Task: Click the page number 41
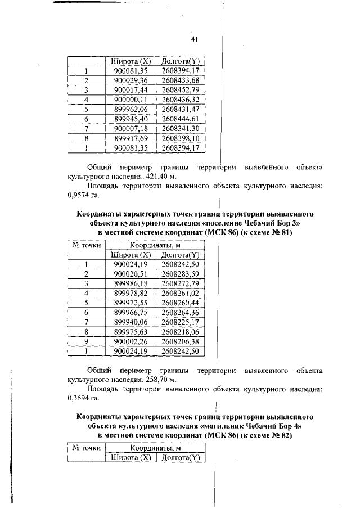[195, 39]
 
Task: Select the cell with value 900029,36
[130, 80]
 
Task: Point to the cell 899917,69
[130, 138]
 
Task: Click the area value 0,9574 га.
[79, 196]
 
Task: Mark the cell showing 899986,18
[130, 283]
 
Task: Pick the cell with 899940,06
[130, 322]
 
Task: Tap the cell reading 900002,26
[130, 341]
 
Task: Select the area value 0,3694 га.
[79, 399]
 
